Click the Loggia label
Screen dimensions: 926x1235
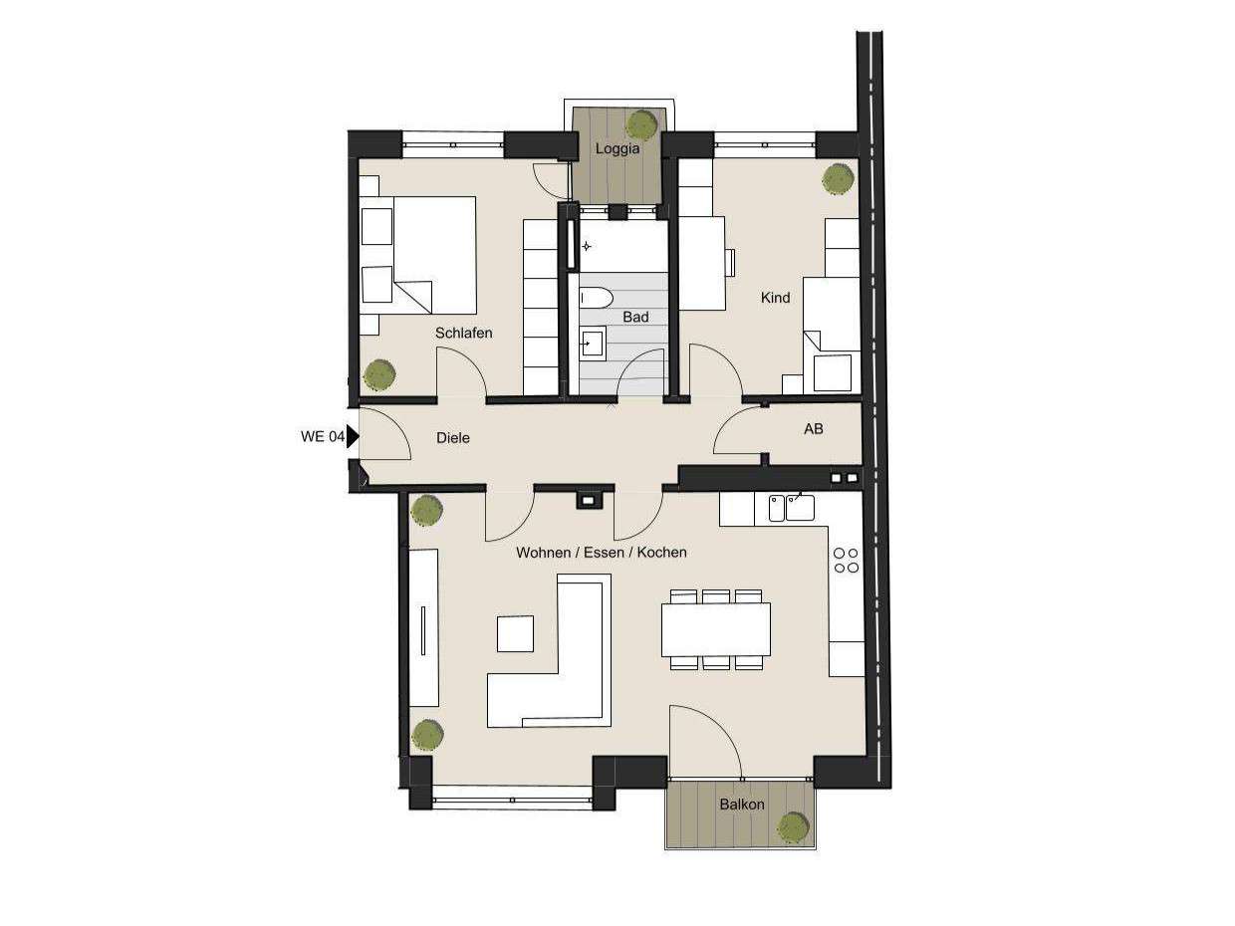(x=617, y=149)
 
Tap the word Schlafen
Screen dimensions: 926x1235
(x=464, y=333)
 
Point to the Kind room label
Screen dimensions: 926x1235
(x=775, y=297)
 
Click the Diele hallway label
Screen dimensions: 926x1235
(x=453, y=437)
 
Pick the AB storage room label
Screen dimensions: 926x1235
(x=814, y=429)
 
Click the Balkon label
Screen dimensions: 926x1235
(x=742, y=804)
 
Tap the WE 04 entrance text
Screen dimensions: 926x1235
(x=322, y=436)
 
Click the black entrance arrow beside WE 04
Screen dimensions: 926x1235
(x=353, y=436)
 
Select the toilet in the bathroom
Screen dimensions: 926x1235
(x=596, y=297)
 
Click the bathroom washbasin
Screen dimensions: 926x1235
(x=591, y=343)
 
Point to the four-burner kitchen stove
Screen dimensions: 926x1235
(x=847, y=560)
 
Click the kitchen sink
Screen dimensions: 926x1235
(x=800, y=507)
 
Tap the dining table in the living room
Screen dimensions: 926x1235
(x=716, y=629)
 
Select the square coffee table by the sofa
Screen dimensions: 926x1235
(x=515, y=633)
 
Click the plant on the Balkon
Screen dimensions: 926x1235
(x=793, y=825)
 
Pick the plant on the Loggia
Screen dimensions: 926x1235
(x=641, y=124)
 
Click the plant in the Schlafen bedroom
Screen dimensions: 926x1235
(x=379, y=374)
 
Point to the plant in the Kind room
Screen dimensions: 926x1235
(x=838, y=178)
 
